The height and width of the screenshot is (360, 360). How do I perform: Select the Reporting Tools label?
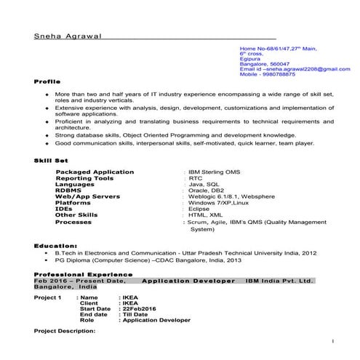(84, 178)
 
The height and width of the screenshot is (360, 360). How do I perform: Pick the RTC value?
(196, 178)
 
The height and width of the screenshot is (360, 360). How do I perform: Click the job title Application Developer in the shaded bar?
(188, 280)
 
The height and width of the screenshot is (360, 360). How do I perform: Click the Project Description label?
(65, 331)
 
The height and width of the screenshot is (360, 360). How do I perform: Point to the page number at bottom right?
(332, 340)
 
